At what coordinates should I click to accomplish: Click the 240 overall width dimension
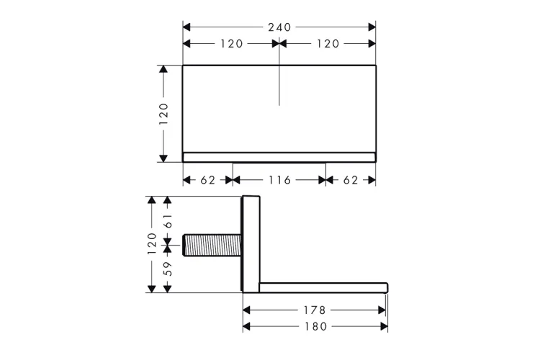tap(279, 27)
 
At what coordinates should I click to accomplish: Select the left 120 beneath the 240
tap(231, 44)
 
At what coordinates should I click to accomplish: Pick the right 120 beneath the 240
tap(328, 44)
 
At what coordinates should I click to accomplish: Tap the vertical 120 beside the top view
tap(163, 114)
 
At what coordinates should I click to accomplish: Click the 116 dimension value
tap(279, 180)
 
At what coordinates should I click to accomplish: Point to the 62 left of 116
tap(208, 180)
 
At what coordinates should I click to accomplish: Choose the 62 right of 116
tap(351, 180)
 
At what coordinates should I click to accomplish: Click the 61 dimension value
tap(168, 221)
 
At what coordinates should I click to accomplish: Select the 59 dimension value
tap(168, 269)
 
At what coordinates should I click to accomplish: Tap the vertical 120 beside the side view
tap(152, 243)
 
